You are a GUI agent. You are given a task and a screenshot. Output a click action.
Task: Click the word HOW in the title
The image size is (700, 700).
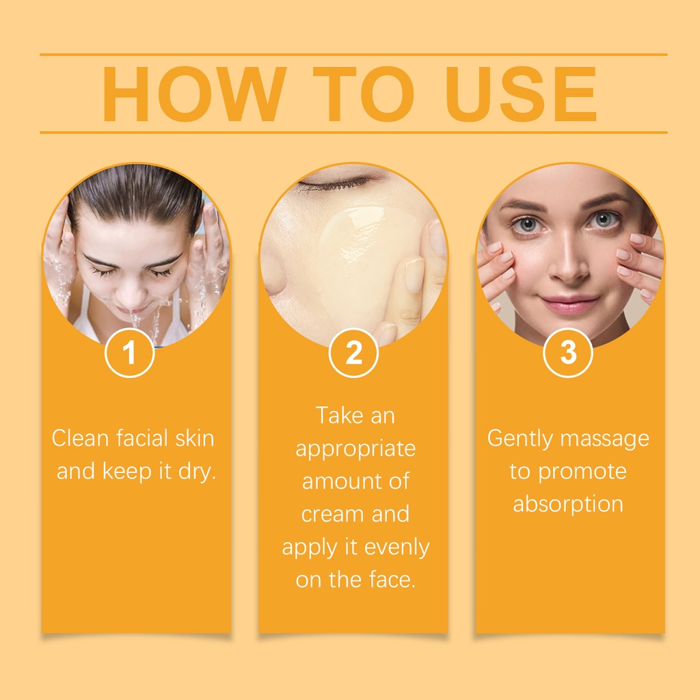coord(194,94)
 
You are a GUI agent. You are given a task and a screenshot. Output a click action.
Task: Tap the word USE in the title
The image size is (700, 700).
coord(520,94)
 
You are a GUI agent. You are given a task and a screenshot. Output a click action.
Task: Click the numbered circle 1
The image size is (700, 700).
coord(129,353)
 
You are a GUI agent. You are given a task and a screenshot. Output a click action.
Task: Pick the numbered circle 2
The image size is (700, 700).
coord(353,353)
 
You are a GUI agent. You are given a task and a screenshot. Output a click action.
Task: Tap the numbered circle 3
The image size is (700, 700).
coord(568,353)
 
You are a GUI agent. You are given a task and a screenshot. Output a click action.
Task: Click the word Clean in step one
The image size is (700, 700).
coord(81,438)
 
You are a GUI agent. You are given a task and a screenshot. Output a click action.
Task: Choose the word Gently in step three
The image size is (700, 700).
coord(520,439)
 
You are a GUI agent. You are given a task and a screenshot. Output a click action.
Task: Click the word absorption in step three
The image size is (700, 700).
coord(568,504)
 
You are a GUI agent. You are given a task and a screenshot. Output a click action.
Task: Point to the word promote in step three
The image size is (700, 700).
coord(582,472)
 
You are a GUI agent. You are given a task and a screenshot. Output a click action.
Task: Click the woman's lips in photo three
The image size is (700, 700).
coord(569,304)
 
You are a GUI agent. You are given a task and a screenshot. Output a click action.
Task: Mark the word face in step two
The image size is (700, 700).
coord(392,580)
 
